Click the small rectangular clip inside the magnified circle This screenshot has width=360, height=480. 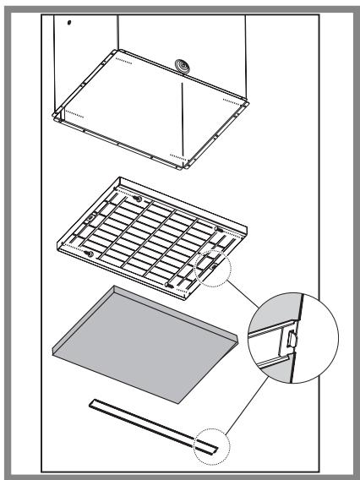pyautogui.click(x=291, y=340)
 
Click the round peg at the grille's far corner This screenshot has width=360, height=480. pyautogui.click(x=135, y=198)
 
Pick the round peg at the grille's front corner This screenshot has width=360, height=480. pyautogui.click(x=172, y=287)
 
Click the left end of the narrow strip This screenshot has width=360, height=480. pyautogui.click(x=89, y=403)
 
